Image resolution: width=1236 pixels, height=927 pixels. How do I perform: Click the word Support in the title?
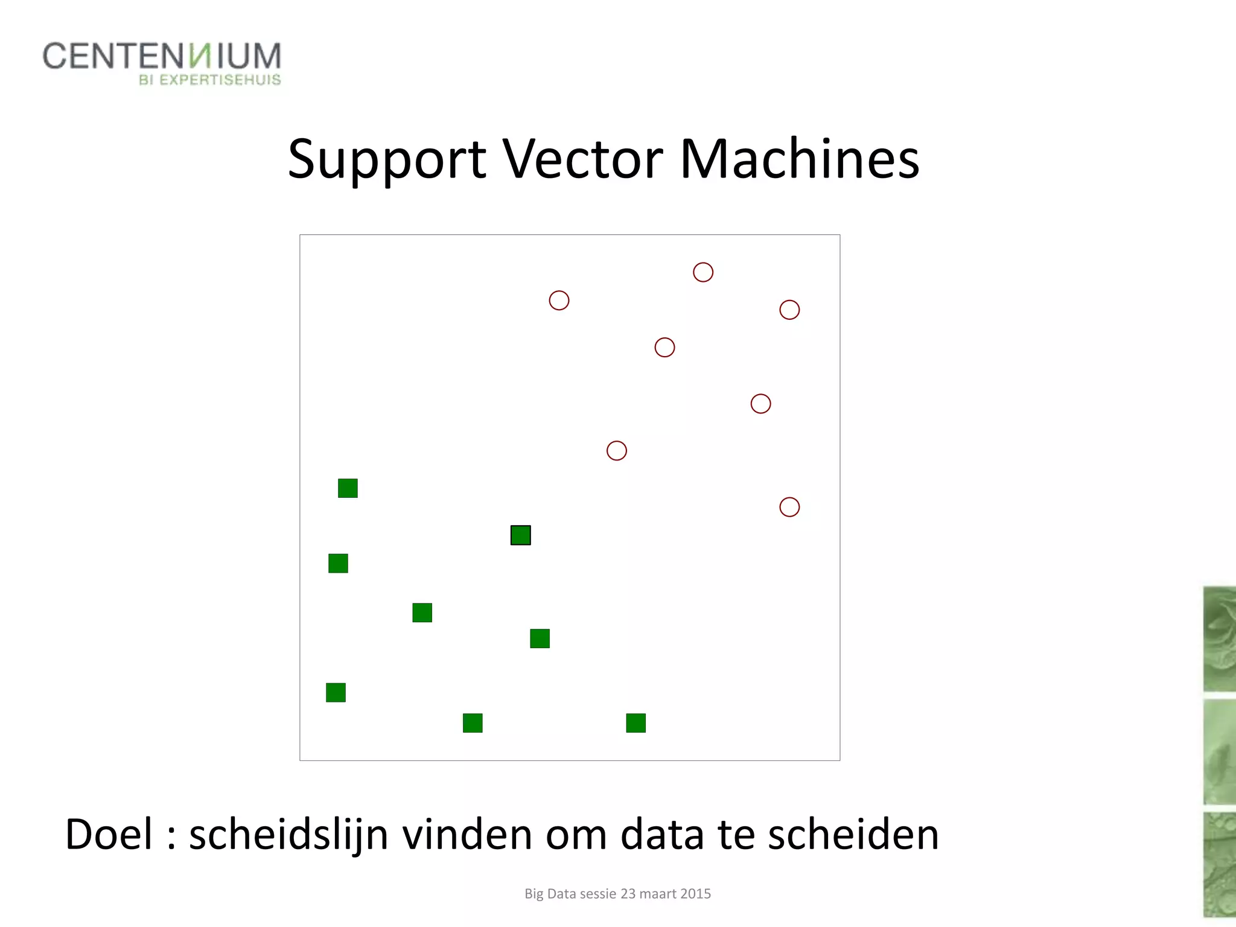coord(387,160)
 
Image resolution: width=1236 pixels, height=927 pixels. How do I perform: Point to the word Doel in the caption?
coord(109,834)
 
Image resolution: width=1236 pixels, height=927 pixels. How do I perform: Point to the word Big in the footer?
coord(534,894)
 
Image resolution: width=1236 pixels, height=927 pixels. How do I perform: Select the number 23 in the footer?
coord(628,893)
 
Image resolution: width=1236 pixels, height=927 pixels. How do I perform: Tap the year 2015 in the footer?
coord(695,893)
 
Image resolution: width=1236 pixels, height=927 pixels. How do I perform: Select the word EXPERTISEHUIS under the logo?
coord(220,80)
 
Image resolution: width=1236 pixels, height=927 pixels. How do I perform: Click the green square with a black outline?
coord(521,535)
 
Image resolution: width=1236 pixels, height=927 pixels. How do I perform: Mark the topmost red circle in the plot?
coord(703,272)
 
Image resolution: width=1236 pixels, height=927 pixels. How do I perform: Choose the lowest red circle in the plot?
coord(789,507)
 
